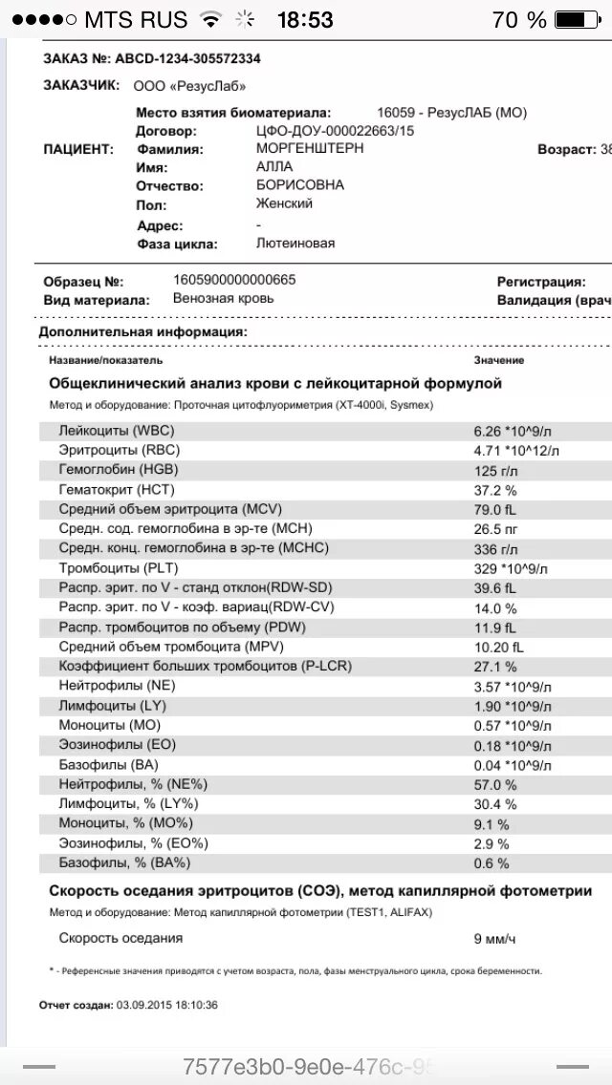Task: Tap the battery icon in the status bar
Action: pyautogui.click(x=582, y=19)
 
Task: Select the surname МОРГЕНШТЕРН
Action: pyautogui.click(x=310, y=149)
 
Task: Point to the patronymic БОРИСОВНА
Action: pyautogui.click(x=299, y=184)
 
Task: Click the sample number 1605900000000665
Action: pyautogui.click(x=234, y=281)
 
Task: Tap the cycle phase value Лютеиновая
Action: pyautogui.click(x=295, y=244)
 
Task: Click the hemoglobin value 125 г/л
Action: pyautogui.click(x=494, y=470)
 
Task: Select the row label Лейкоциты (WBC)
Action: pyautogui.click(x=117, y=431)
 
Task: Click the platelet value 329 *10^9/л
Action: pyautogui.click(x=512, y=568)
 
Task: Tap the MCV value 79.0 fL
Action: pyautogui.click(x=495, y=509)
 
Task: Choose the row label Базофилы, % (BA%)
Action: pyautogui.click(x=125, y=862)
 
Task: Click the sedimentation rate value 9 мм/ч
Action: pyautogui.click(x=494, y=939)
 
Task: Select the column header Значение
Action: pyautogui.click(x=498, y=360)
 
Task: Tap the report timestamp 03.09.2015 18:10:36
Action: pyautogui.click(x=166, y=1005)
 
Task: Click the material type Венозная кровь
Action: pyautogui.click(x=223, y=298)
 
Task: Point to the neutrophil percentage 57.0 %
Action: pyautogui.click(x=495, y=784)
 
